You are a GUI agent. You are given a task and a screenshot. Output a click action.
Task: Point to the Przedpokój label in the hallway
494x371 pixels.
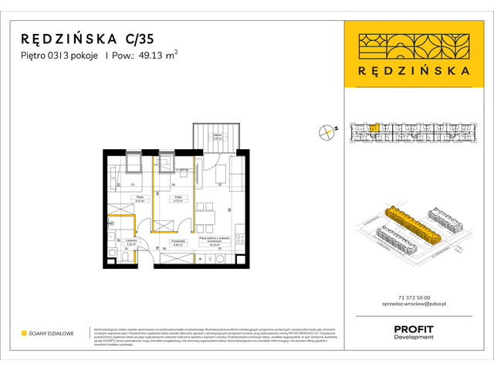tap(178, 242)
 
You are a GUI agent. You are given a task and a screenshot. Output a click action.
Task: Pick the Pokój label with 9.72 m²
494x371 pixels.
tap(178, 199)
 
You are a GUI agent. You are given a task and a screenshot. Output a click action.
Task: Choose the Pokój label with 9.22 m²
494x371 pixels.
tap(141, 199)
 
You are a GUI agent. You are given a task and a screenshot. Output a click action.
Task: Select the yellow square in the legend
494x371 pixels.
tap(24, 334)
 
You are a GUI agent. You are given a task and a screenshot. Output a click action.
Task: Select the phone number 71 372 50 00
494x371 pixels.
tap(413, 298)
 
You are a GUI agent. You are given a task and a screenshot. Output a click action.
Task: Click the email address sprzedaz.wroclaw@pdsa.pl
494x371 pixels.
tap(413, 305)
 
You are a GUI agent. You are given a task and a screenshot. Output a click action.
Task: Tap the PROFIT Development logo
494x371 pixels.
tap(413, 332)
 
